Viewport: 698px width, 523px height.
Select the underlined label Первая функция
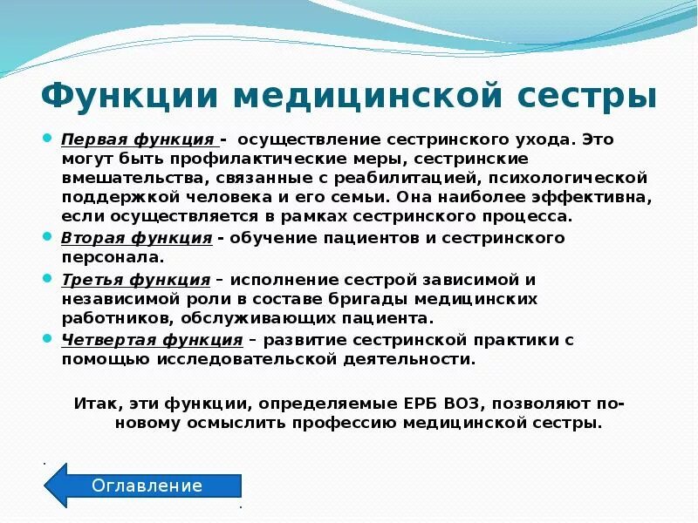click(x=138, y=139)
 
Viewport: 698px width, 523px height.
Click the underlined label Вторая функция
click(x=137, y=238)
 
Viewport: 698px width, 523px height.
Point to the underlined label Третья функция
click(x=136, y=280)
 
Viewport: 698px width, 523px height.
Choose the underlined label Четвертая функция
click(x=152, y=340)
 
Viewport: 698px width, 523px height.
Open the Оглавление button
click(x=147, y=486)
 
